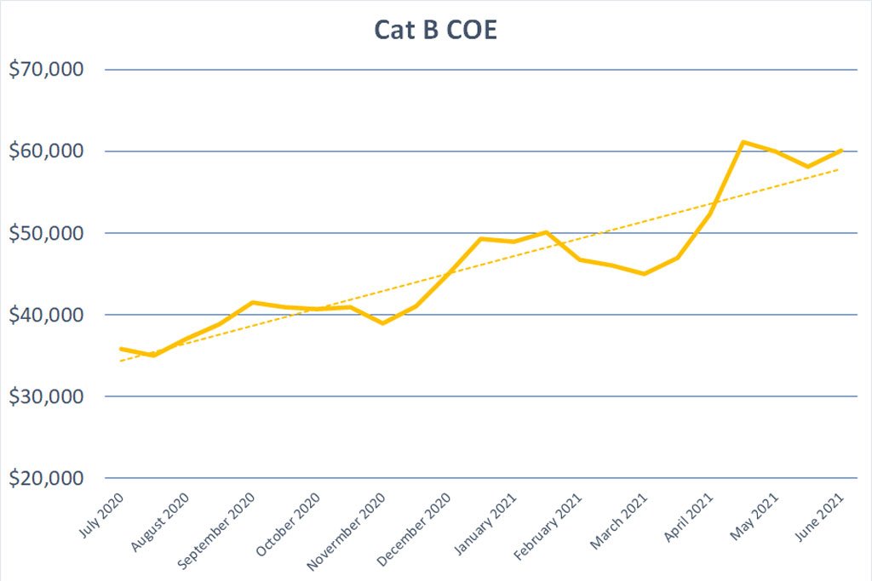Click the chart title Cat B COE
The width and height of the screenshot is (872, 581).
[435, 30]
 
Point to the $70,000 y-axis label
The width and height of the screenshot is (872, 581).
[46, 70]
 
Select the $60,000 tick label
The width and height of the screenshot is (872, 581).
[46, 151]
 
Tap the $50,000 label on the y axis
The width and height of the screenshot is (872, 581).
[46, 233]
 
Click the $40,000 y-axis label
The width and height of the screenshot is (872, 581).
[46, 315]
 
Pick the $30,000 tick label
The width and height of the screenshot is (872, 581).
[46, 396]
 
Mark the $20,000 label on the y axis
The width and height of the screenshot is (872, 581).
[46, 478]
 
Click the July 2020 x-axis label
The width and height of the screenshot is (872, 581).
[101, 515]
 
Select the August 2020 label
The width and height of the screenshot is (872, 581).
[160, 522]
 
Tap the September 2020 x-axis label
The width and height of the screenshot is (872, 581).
[216, 531]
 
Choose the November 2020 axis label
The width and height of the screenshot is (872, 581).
[347, 532]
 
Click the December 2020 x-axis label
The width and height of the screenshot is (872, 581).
[414, 529]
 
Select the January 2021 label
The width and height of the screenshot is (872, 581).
[485, 524]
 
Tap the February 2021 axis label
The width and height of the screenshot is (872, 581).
[548, 527]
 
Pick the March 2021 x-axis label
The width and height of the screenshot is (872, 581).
[618, 521]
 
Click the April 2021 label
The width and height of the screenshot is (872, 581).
[688, 517]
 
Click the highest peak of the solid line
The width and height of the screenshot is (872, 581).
[743, 142]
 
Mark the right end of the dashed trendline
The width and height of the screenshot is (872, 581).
[839, 169]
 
